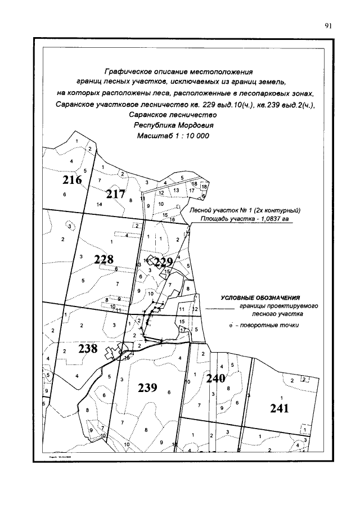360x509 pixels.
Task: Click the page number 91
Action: (329, 25)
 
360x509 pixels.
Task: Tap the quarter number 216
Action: (72, 181)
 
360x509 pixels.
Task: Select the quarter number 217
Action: (115, 194)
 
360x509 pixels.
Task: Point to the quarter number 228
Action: (103, 259)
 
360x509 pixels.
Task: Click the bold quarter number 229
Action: (163, 262)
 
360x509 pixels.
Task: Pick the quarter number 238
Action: (88, 349)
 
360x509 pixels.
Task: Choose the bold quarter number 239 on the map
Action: (147, 388)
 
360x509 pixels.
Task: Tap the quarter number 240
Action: (215, 379)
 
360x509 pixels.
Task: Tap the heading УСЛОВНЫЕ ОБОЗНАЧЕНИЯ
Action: (260, 298)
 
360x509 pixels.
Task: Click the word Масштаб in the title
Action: (154, 136)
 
